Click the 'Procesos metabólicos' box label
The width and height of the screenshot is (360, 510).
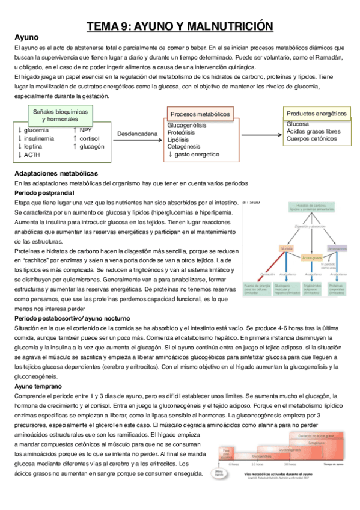[x=200, y=114]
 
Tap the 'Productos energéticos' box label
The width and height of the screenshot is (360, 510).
[x=316, y=113]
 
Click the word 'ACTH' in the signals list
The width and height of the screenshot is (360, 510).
[x=32, y=155]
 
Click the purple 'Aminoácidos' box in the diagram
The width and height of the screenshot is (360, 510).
[x=337, y=248]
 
